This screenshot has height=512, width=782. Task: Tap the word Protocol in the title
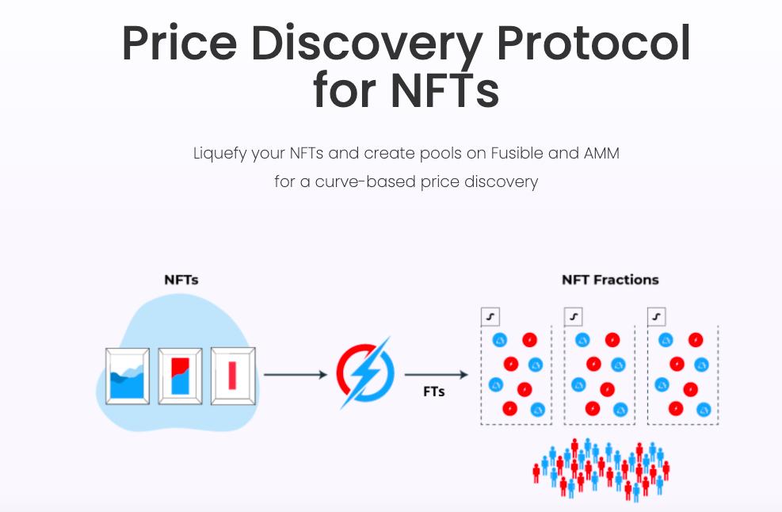pos(594,45)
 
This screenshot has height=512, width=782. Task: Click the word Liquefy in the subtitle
pos(220,153)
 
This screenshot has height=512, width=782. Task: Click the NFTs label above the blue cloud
pos(181,280)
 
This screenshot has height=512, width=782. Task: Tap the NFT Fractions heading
pos(610,280)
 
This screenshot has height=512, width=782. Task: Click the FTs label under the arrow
pos(434,392)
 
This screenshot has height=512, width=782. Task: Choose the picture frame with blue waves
pos(127,375)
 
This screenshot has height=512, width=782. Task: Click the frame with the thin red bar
pos(233,375)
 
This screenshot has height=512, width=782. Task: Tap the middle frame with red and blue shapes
pos(180,375)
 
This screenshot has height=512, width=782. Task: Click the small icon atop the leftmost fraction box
pos(490,317)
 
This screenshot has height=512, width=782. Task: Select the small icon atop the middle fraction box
pos(573,317)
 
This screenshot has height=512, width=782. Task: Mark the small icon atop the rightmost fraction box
pos(656,317)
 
